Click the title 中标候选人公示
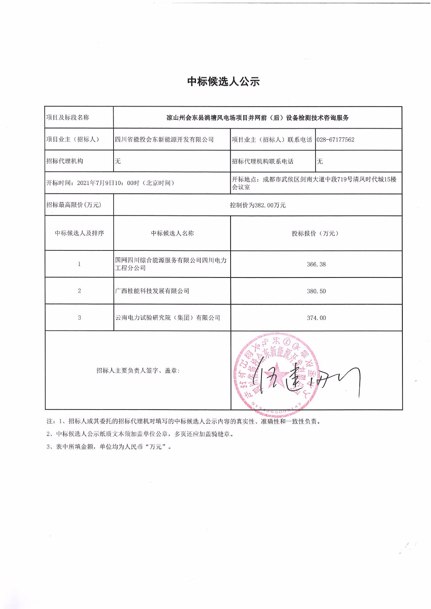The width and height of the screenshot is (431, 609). pyautogui.click(x=223, y=81)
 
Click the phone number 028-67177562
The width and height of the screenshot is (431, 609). pyautogui.click(x=335, y=140)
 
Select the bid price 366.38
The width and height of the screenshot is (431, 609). pyautogui.click(x=316, y=265)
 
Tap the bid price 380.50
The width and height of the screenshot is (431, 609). pyautogui.click(x=316, y=291)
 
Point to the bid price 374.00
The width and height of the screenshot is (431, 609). pyautogui.click(x=316, y=318)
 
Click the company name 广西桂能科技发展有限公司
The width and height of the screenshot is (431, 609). pyautogui.click(x=152, y=291)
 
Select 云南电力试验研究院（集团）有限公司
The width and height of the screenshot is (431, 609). pyautogui.click(x=168, y=318)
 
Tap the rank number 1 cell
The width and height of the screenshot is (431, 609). pyautogui.click(x=79, y=264)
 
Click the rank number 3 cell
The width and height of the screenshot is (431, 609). pyautogui.click(x=79, y=317)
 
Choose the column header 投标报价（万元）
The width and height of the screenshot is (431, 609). pyautogui.click(x=316, y=233)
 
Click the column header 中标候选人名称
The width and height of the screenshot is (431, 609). pyautogui.click(x=172, y=233)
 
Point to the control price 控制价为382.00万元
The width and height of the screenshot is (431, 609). pyautogui.click(x=258, y=205)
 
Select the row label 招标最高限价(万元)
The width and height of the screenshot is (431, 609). pyautogui.click(x=74, y=205)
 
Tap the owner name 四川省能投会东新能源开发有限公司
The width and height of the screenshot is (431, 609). pyautogui.click(x=164, y=140)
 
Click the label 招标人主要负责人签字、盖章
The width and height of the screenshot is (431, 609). pyautogui.click(x=138, y=370)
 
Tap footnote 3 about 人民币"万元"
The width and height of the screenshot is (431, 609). pyautogui.click(x=109, y=446)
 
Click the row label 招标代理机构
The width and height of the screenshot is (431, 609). pyautogui.click(x=65, y=161)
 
